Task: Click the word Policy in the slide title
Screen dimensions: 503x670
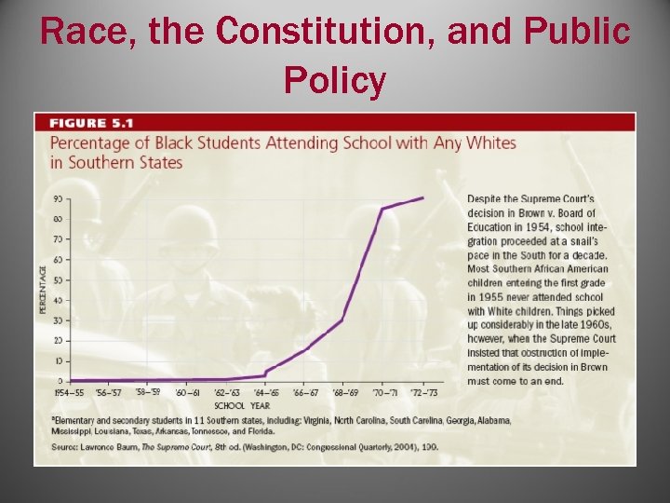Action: click(x=335, y=81)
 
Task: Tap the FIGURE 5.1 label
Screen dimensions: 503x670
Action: click(x=91, y=123)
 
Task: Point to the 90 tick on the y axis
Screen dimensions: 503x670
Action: click(x=58, y=198)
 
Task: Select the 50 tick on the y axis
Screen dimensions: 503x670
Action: click(x=58, y=279)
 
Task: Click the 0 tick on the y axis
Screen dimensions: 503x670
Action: click(x=60, y=381)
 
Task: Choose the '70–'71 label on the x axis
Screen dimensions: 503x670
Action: click(x=383, y=393)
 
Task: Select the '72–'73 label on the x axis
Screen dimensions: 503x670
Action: click(x=423, y=393)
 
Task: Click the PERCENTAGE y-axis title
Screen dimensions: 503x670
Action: click(x=43, y=290)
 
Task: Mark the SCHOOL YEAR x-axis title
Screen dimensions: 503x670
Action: click(x=242, y=405)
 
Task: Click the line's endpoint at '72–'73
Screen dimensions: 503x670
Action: click(x=423, y=197)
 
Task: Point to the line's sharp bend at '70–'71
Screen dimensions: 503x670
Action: click(x=382, y=209)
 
